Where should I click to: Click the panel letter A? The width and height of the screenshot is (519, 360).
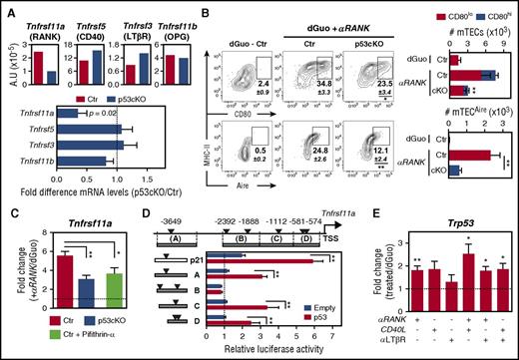point(7,8)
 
